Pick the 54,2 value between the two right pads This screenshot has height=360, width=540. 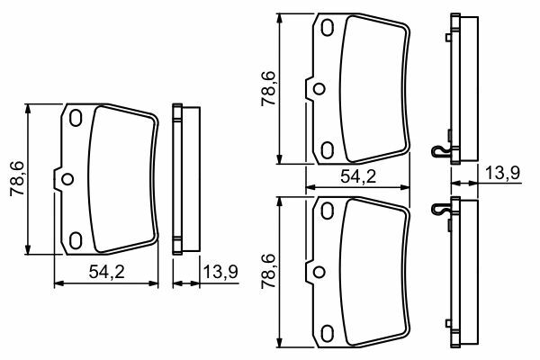[358, 176]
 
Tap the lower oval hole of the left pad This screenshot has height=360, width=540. [76, 239]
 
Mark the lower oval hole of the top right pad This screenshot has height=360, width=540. [327, 148]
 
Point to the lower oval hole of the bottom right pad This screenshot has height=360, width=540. [327, 329]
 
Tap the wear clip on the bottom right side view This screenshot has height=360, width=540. [440, 209]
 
